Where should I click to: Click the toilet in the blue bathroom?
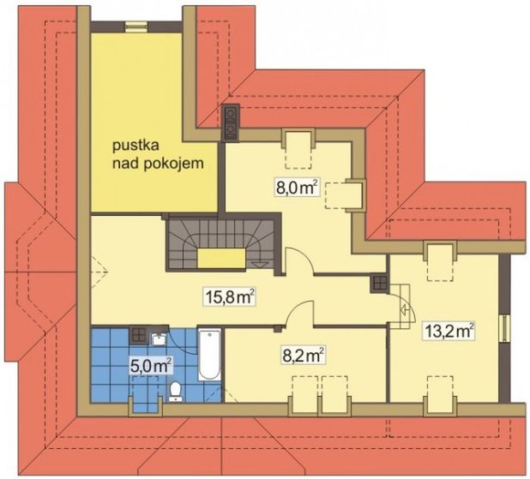176,391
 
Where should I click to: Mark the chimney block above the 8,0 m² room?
231,122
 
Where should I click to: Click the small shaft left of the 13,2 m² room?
379,284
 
